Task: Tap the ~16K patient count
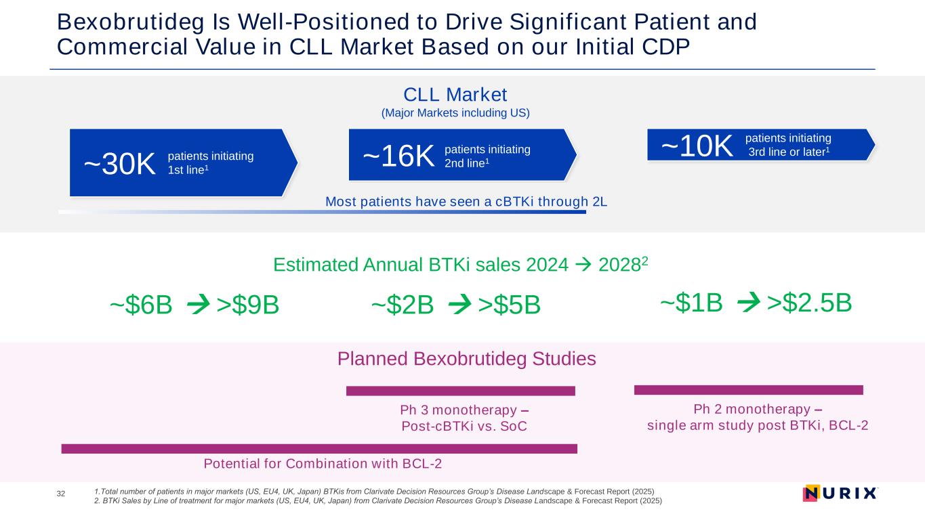[x=398, y=156]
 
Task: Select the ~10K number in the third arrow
[x=697, y=146]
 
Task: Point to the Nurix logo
[x=840, y=494]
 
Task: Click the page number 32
[x=61, y=494]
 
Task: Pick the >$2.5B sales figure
[x=809, y=303]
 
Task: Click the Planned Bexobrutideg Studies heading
[x=466, y=359]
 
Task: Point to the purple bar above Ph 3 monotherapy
[x=460, y=391]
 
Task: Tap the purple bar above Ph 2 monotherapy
[x=748, y=389]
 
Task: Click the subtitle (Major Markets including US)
[x=455, y=113]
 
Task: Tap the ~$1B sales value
[x=691, y=303]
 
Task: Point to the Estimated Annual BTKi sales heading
[x=461, y=265]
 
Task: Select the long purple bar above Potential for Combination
[x=318, y=448]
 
